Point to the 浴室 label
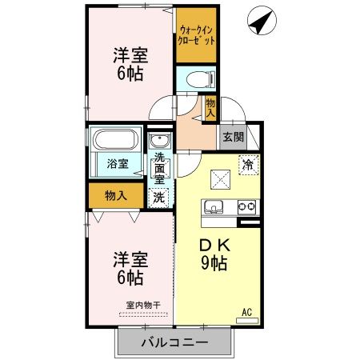point(117,164)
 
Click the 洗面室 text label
point(160,169)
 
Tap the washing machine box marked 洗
point(159,196)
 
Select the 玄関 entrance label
point(233,137)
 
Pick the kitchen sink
point(215,209)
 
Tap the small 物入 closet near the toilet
point(210,107)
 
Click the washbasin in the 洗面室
point(158,143)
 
